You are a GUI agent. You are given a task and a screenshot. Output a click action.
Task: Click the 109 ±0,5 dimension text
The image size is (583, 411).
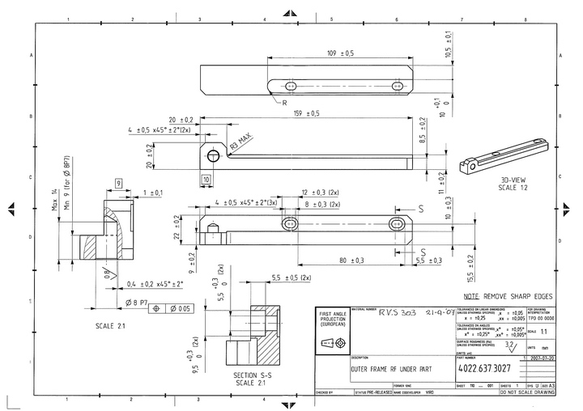pyautogui.click(x=340, y=54)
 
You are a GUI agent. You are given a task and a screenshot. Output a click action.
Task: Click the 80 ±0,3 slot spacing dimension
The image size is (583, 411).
pyautogui.click(x=351, y=260)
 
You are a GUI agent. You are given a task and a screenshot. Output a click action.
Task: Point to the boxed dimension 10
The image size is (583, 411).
pyautogui.click(x=206, y=178)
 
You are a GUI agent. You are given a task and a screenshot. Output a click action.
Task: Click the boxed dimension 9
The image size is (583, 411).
pyautogui.click(x=118, y=184)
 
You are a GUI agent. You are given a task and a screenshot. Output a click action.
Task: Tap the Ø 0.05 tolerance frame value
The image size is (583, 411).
pyautogui.click(x=180, y=309)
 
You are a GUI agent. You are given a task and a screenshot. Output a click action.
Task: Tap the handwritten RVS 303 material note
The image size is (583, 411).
pyautogui.click(x=402, y=311)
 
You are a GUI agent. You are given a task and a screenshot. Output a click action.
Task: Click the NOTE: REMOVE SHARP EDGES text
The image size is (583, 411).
pyautogui.click(x=509, y=297)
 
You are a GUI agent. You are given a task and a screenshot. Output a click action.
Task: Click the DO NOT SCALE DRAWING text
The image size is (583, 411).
pyautogui.click(x=527, y=392)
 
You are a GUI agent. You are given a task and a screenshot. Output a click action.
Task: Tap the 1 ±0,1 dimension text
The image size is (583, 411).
pyautogui.click(x=152, y=193)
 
